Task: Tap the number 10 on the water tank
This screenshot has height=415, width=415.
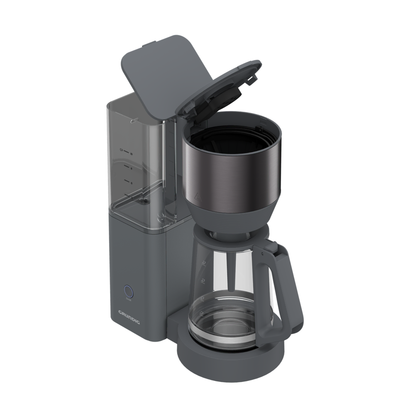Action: [x=131, y=153]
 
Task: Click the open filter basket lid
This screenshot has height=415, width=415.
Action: [x=220, y=89]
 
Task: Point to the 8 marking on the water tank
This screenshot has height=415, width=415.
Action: [x=131, y=168]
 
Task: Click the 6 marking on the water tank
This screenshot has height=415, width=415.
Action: [x=131, y=183]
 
